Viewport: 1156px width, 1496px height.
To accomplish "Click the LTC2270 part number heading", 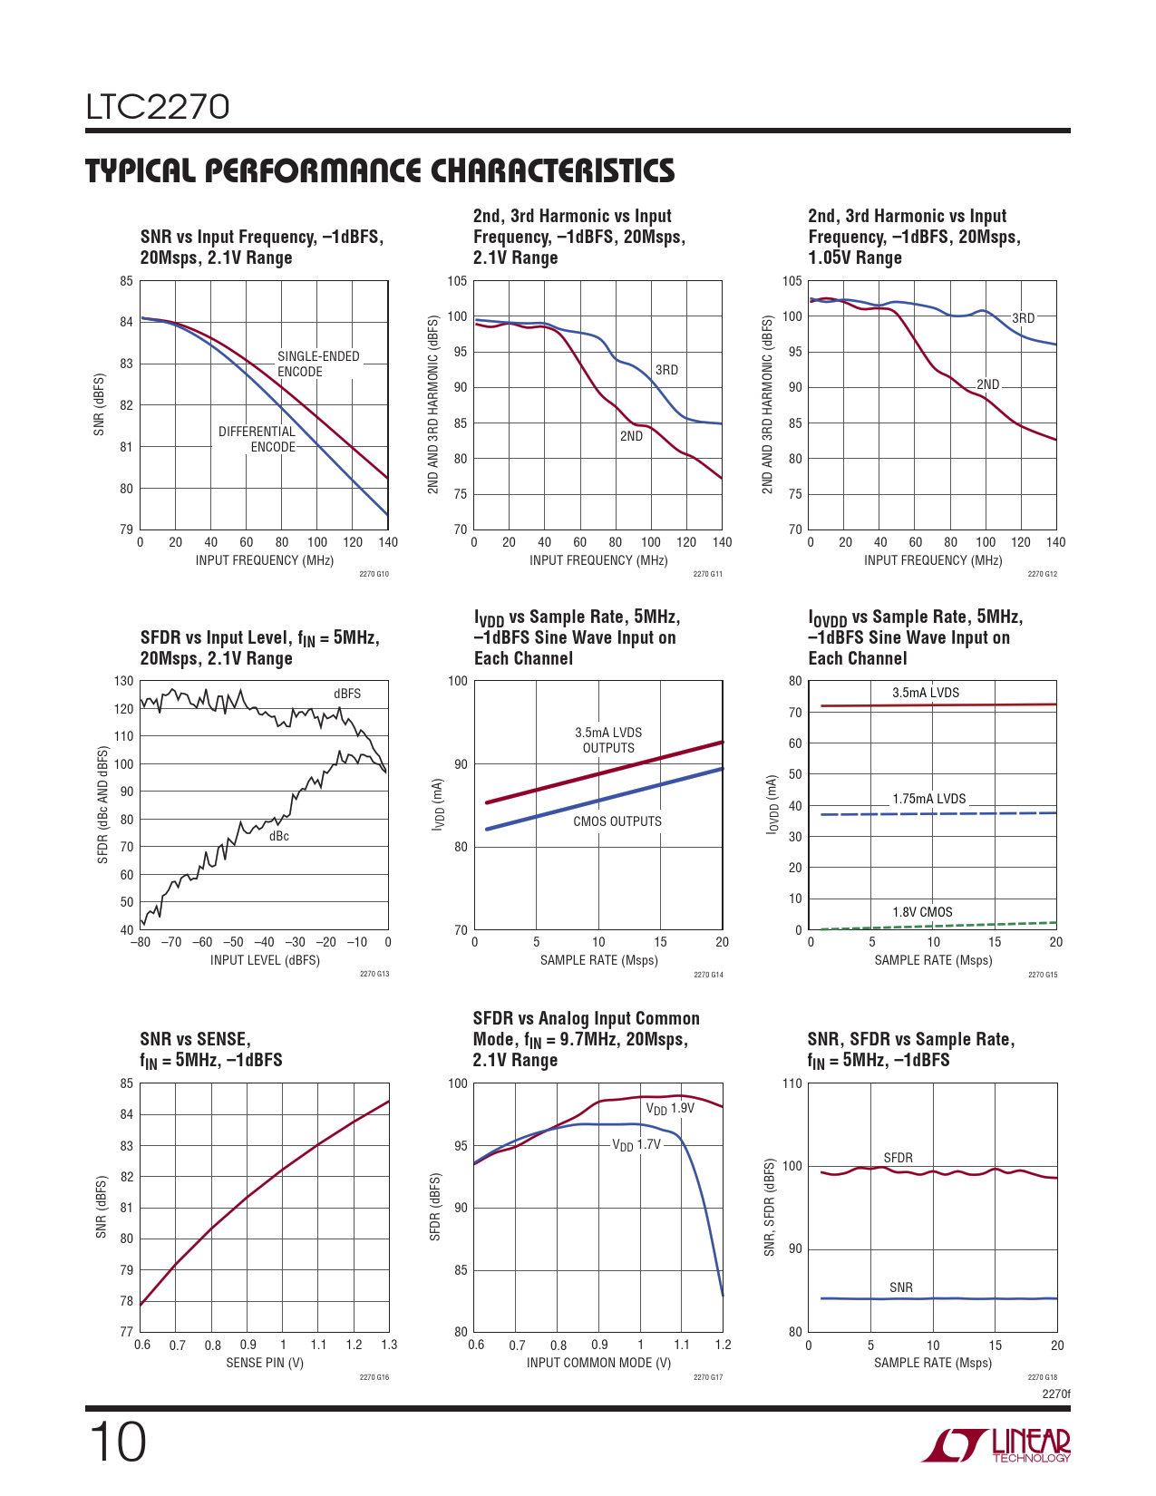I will point(158,107).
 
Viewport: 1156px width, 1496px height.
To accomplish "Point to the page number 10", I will point(117,1443).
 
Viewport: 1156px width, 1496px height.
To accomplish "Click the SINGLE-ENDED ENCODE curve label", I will point(317,364).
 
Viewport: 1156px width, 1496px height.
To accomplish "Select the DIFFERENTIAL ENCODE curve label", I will point(257,440).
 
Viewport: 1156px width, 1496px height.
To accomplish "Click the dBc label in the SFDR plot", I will point(279,836).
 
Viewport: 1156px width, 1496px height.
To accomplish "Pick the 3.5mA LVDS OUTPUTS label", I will point(608,740).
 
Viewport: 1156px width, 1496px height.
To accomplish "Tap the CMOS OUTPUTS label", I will point(617,821).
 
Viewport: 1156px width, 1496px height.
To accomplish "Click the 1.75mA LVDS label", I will point(929,799).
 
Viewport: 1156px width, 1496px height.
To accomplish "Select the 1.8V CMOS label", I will point(922,912).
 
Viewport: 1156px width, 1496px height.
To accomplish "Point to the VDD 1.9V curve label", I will point(670,1109).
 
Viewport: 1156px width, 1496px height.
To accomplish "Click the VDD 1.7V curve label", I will point(636,1145).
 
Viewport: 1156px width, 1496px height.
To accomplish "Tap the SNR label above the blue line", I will point(901,1287).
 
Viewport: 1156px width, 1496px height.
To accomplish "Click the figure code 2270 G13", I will point(374,974).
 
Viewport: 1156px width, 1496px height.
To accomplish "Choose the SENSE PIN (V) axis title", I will point(265,1363).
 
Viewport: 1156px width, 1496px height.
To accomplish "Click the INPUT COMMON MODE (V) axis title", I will point(598,1363).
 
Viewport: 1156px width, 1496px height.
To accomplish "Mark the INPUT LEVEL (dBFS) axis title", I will point(265,960).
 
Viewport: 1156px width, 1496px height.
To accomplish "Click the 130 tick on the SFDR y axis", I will point(123,681).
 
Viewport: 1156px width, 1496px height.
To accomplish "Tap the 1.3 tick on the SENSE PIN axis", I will point(389,1345).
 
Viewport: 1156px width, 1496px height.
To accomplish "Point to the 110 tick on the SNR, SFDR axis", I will point(792,1083).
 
